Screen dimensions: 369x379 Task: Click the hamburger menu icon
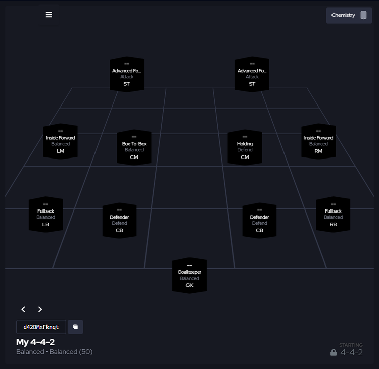(x=49, y=15)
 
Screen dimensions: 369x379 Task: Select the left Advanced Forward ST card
(x=127, y=74)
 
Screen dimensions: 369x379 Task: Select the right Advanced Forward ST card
(x=252, y=74)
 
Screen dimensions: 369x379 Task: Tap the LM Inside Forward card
(x=61, y=141)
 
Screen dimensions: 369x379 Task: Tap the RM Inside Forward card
(x=318, y=141)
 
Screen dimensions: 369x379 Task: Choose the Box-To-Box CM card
(x=134, y=147)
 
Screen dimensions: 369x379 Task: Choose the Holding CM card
(x=245, y=147)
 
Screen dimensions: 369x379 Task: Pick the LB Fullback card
(x=46, y=215)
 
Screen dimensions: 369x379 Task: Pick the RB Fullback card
(x=333, y=215)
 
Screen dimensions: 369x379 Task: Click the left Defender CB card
(x=119, y=221)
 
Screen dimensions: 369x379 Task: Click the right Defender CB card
(x=259, y=221)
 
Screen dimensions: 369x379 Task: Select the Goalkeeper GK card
(x=189, y=276)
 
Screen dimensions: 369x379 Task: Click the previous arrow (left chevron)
(x=23, y=309)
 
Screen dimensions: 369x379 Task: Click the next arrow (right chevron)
(x=40, y=309)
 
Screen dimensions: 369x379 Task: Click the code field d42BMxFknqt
(x=41, y=327)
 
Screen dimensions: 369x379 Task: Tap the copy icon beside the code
(x=75, y=327)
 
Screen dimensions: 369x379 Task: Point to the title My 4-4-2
(x=35, y=342)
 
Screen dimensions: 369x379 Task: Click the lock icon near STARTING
(x=334, y=352)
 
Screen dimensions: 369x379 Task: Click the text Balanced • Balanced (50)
(x=54, y=352)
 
